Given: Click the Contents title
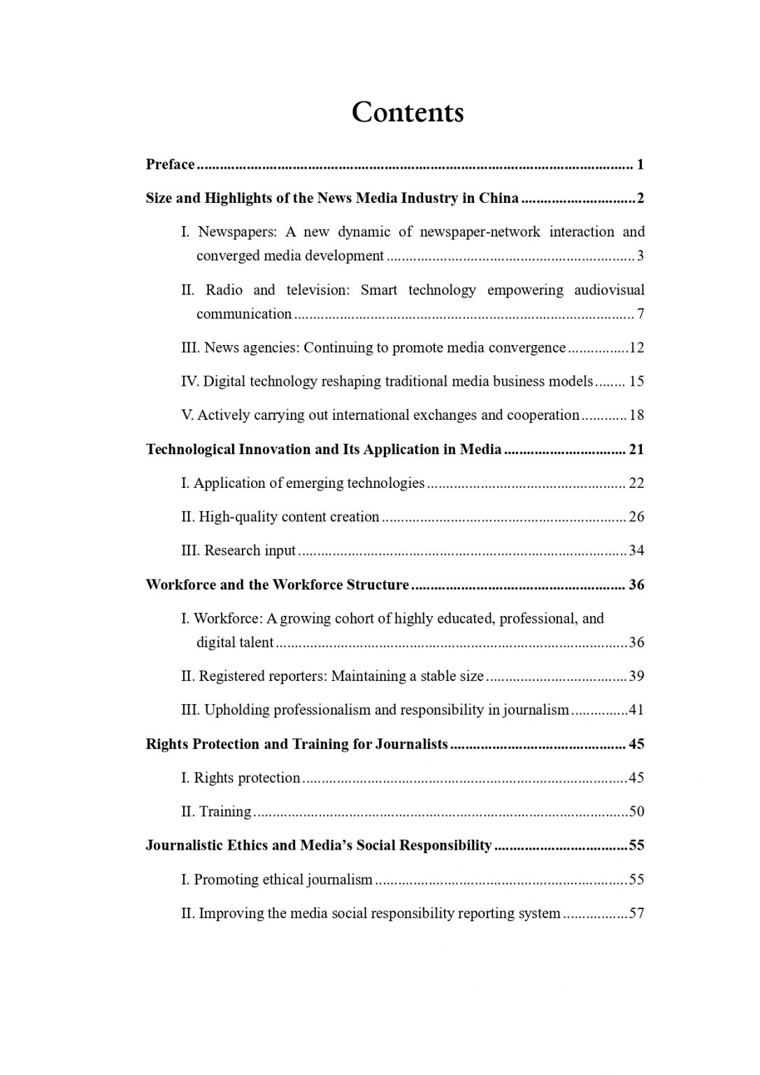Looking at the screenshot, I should click(x=407, y=112).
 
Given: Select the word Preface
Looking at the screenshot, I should click(x=170, y=164).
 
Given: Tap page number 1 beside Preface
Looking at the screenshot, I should click(x=640, y=164).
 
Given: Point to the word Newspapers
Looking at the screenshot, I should click(x=238, y=232).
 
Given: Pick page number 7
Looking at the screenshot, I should click(x=640, y=314).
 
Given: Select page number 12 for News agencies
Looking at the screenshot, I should click(x=637, y=348).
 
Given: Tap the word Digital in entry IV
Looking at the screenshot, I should click(x=224, y=381).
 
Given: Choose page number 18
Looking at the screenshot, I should click(x=637, y=415).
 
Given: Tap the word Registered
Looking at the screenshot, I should click(x=229, y=676).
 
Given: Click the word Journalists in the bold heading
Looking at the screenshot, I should click(x=411, y=744).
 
